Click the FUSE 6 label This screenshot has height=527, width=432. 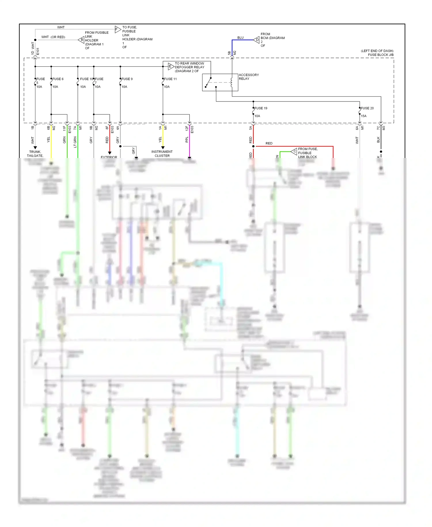(x=58, y=79)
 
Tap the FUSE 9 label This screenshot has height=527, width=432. (x=127, y=79)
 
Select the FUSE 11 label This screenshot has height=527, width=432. (x=170, y=79)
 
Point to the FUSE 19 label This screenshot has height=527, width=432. (x=261, y=108)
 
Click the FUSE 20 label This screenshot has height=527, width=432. (x=367, y=108)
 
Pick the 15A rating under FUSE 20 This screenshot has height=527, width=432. (x=364, y=116)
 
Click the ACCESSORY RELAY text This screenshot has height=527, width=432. (x=249, y=77)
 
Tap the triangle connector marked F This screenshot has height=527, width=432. (x=118, y=29)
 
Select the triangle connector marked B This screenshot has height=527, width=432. (x=81, y=40)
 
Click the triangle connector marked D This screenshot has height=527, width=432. (x=257, y=40)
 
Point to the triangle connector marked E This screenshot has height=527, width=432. (x=171, y=67)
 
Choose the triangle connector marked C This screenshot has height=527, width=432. (x=294, y=151)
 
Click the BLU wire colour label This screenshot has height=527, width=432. (x=240, y=38)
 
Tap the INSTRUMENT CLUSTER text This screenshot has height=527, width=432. (x=162, y=154)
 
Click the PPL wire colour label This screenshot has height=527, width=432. (x=187, y=140)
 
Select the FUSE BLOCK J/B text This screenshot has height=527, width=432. (x=380, y=55)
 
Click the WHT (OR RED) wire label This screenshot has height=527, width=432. (x=53, y=37)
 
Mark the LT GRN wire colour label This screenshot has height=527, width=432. (x=75, y=142)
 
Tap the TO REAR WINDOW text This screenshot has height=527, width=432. (x=189, y=63)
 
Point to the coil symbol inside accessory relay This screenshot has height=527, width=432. (x=232, y=82)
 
